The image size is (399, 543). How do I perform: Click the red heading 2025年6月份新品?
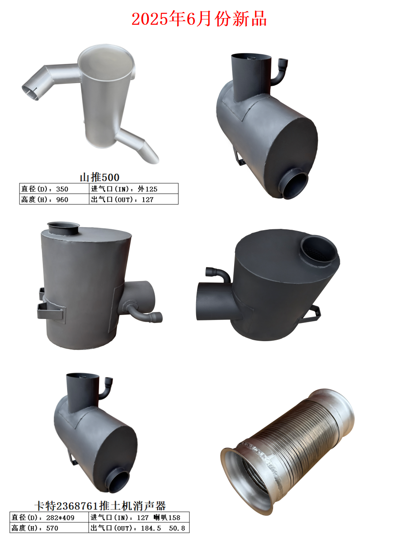tap(199, 19)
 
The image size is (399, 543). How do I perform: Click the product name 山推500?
tap(99, 177)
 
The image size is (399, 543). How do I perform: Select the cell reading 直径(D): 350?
tap(54, 189)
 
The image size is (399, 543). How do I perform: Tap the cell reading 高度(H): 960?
tap(54, 199)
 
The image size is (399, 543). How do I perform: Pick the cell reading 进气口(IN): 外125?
tap(133, 189)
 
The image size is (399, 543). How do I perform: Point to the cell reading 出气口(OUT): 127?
tap(133, 199)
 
